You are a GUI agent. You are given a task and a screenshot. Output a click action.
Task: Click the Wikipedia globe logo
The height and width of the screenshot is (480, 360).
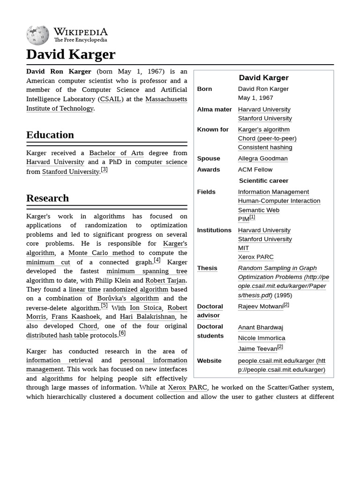(37, 35)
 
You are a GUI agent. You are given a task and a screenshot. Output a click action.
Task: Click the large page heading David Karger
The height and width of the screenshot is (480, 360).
(71, 54)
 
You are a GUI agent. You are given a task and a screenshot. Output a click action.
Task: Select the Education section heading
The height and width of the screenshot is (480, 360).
(50, 135)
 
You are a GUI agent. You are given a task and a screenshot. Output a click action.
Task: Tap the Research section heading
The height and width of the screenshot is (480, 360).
(47, 198)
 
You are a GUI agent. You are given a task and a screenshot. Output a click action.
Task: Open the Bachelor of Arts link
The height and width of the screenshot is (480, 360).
(116, 153)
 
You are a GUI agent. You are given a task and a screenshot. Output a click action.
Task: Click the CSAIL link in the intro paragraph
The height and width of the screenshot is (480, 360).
(111, 99)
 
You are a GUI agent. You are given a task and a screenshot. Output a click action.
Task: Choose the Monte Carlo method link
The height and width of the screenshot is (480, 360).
(101, 253)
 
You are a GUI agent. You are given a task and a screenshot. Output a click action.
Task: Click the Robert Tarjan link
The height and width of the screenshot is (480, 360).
(165, 280)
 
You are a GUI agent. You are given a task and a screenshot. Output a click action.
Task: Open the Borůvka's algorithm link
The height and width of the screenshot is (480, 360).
(127, 298)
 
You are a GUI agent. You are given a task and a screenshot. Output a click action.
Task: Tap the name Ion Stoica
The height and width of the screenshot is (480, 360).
(145, 307)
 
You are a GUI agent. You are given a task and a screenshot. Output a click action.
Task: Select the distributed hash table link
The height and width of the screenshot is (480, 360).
(57, 335)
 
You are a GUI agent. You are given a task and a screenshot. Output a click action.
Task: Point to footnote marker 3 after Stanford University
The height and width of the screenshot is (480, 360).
(104, 170)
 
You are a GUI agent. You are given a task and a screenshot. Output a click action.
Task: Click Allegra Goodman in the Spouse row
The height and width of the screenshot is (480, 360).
(262, 158)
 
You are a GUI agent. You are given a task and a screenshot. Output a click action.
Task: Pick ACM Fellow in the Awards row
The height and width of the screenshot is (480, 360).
(255, 169)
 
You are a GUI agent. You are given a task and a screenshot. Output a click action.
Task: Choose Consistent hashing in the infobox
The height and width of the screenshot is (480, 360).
(265, 147)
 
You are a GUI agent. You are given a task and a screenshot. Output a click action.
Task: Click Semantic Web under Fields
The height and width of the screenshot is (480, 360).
(258, 210)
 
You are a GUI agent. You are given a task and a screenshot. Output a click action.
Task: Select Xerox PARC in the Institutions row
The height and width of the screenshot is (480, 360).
(255, 257)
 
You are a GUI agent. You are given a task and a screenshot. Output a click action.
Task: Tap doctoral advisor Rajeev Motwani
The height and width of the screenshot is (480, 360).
(261, 307)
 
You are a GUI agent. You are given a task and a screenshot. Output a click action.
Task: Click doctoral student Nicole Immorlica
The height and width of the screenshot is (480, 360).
(262, 338)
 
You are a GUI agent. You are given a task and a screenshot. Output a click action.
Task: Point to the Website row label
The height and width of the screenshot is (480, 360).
(209, 360)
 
